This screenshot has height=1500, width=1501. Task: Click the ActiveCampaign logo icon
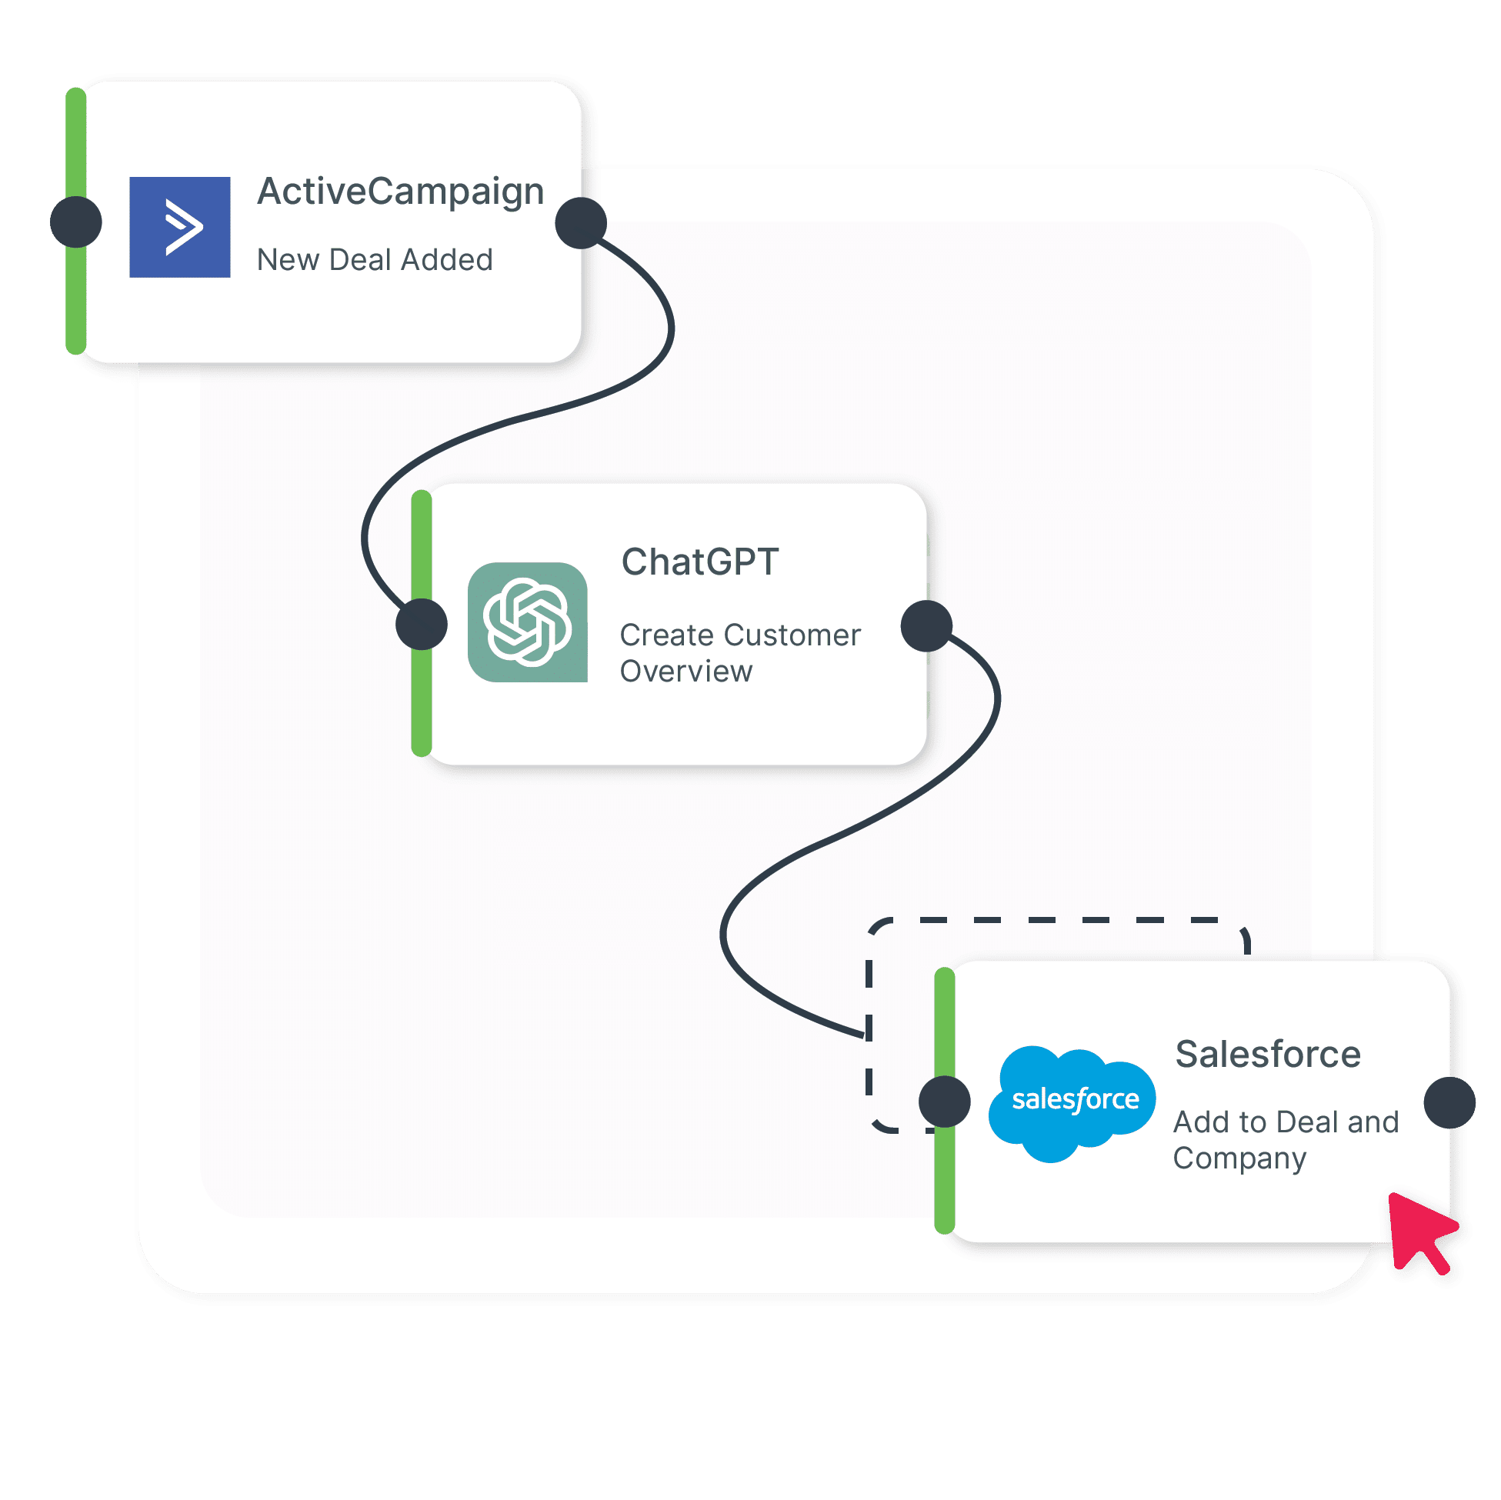click(179, 227)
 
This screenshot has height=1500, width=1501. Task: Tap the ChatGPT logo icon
click(528, 622)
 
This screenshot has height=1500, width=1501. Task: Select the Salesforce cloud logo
click(1072, 1104)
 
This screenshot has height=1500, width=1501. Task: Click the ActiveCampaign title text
click(400, 192)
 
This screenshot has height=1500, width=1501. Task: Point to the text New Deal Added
click(375, 259)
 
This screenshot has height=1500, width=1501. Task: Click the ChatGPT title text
click(700, 562)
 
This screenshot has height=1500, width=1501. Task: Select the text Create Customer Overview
click(740, 652)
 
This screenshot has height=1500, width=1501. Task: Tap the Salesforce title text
click(1268, 1054)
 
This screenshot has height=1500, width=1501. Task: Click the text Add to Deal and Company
click(1286, 1140)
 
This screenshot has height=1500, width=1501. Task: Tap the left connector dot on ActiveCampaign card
click(76, 222)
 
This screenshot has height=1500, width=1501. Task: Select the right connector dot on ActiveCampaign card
click(581, 223)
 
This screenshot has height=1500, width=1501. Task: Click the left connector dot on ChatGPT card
click(422, 624)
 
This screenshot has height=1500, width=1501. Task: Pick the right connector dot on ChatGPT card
click(927, 625)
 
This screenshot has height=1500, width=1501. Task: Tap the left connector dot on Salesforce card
click(945, 1102)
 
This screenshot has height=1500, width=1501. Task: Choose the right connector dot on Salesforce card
click(1449, 1102)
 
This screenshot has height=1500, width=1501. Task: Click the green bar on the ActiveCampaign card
click(76, 222)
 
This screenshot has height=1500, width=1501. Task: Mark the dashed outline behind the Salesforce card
click(1056, 920)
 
